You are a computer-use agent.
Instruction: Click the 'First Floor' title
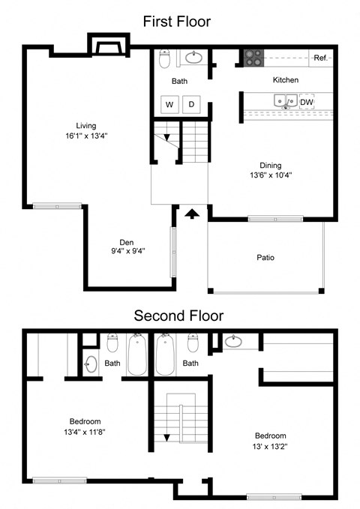coord(177,22)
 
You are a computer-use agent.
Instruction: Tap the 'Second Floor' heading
coord(178,316)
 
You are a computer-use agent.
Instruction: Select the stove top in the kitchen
coord(253,58)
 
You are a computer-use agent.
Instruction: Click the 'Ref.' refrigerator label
coord(321,58)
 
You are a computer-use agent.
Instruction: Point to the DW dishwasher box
coord(307,102)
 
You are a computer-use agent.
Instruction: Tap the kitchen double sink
coord(286,101)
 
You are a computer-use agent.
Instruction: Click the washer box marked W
coord(169,104)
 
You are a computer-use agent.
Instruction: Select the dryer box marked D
coord(191,104)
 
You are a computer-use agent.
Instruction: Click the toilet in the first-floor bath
coord(165,58)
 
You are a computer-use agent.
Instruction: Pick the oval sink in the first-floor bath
coord(193,58)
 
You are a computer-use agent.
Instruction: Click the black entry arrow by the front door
coord(192,214)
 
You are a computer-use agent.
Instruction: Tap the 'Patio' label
coord(265,258)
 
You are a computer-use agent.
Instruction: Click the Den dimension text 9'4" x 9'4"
coord(128,251)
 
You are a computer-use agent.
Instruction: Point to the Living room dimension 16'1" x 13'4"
coord(86,136)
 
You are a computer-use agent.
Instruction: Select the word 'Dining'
coord(270,166)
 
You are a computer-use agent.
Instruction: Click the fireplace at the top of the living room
coord(109,45)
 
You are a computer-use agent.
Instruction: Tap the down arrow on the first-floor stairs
coord(166,138)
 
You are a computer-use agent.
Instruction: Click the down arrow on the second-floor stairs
coord(166,438)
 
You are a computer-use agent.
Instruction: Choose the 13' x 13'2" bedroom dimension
coord(270,447)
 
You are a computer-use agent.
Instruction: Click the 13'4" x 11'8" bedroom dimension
coord(85,432)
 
